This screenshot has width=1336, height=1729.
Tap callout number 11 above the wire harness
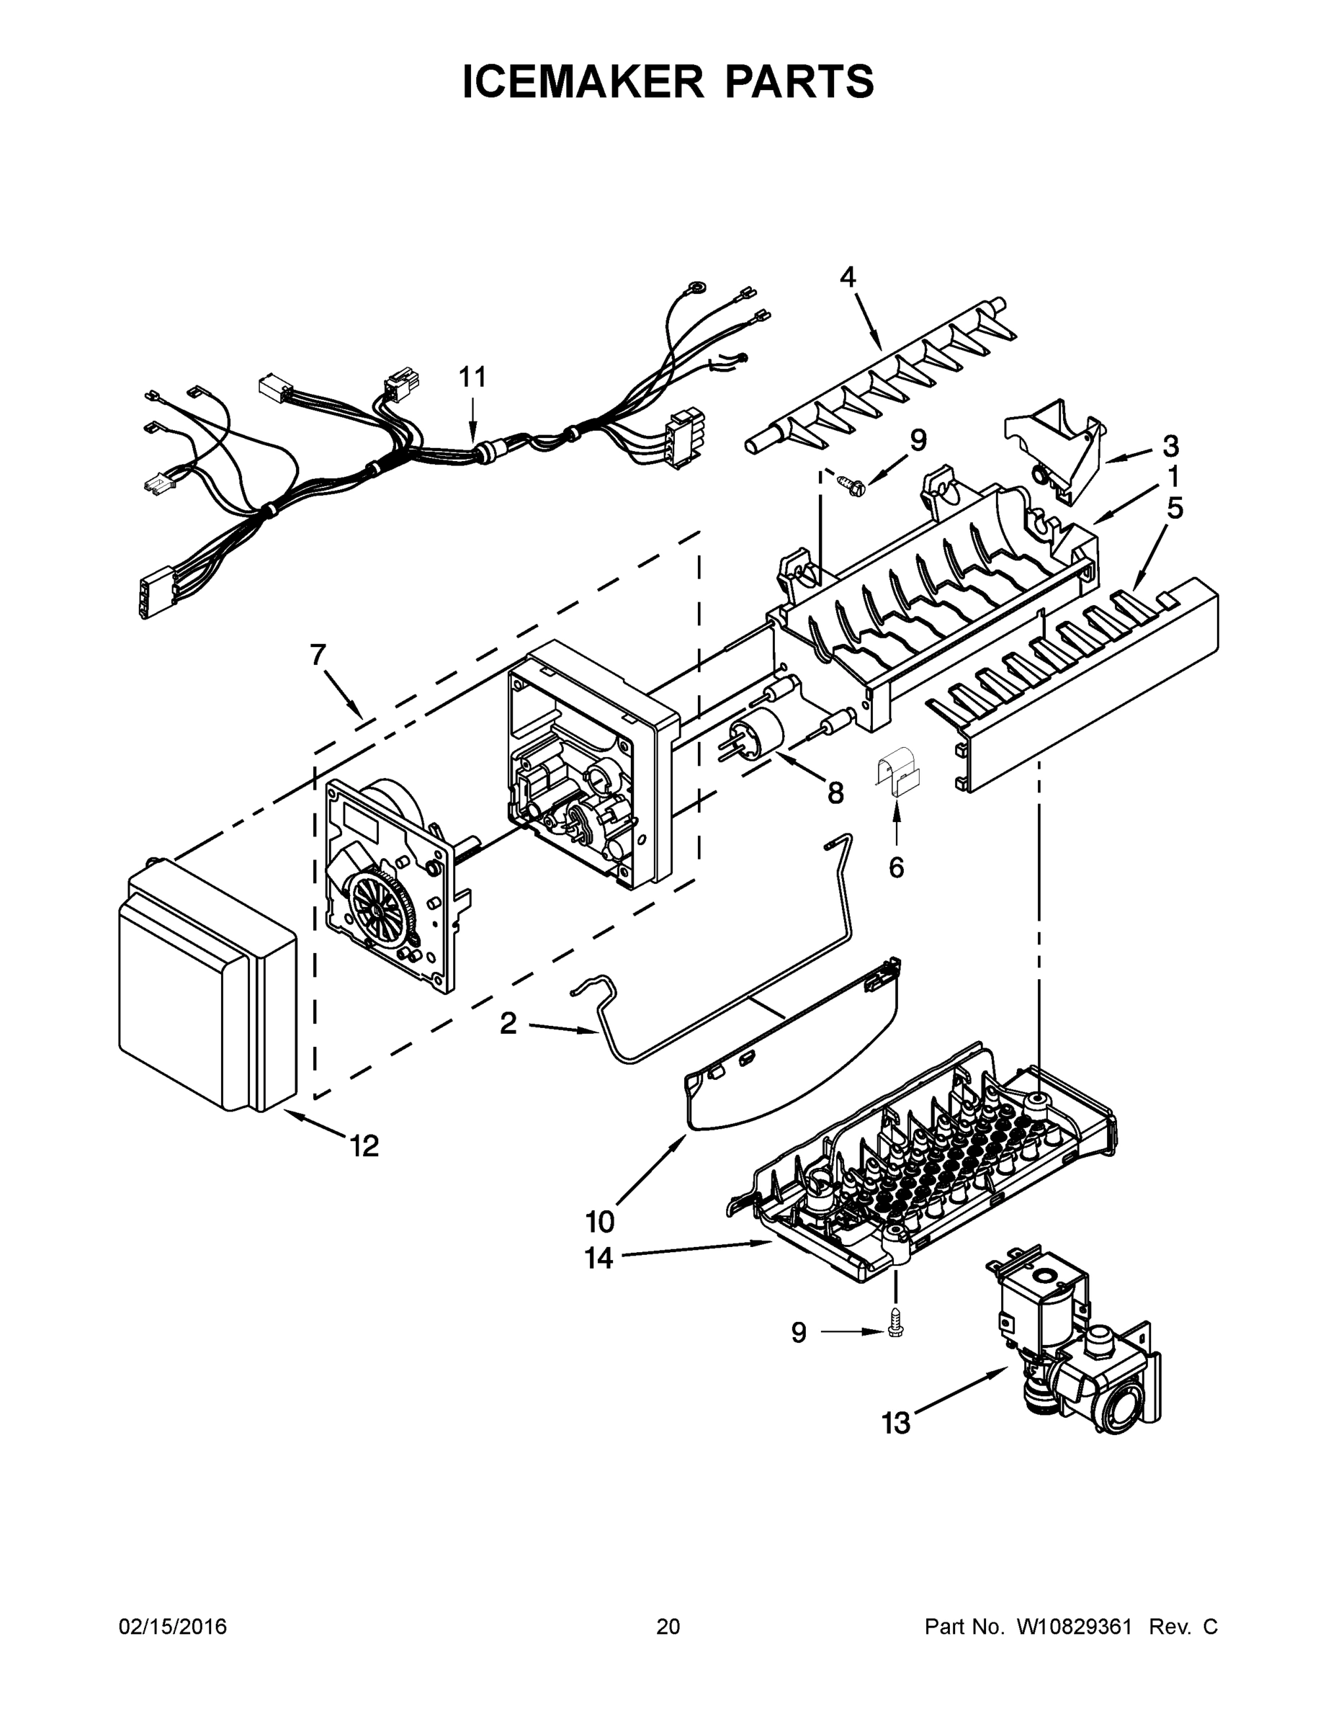tap(472, 377)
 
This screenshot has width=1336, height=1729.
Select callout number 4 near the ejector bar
tap(848, 277)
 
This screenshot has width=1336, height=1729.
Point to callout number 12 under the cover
tap(364, 1145)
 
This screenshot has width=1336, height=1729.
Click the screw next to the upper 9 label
tap(851, 483)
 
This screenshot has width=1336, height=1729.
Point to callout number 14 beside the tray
tap(599, 1258)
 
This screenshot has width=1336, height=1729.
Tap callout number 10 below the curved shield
tap(600, 1223)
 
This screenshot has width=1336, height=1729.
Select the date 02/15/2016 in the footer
tap(173, 1627)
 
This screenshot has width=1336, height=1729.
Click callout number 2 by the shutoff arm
tap(508, 1024)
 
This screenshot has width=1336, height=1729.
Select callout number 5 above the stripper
tap(1175, 508)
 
